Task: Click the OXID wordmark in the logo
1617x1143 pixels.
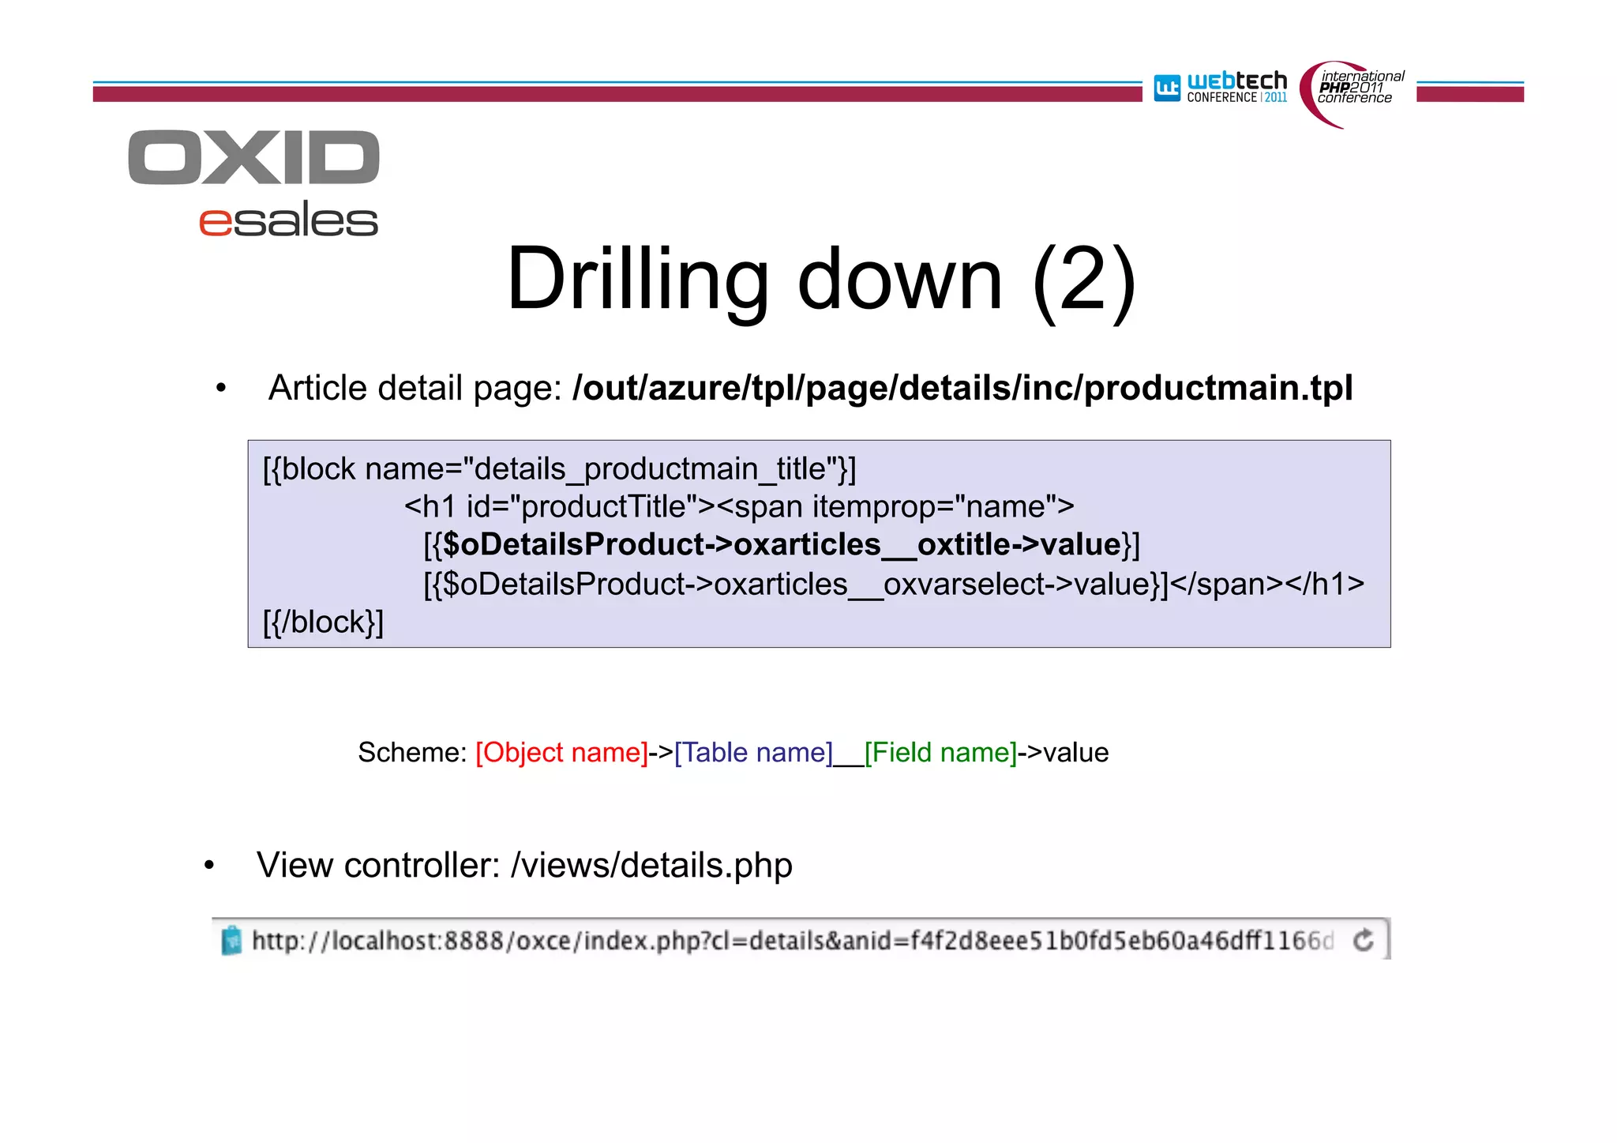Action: (x=253, y=158)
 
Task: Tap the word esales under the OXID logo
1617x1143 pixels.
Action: (x=288, y=220)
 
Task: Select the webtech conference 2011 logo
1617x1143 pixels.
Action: (x=1221, y=88)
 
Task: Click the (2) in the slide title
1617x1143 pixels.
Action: (x=1084, y=280)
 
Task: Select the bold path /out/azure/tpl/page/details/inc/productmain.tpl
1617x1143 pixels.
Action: (x=962, y=388)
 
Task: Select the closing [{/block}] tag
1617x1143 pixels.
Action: (x=323, y=622)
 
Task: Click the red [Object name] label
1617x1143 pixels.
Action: (x=561, y=753)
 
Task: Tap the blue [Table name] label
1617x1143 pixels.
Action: (x=753, y=753)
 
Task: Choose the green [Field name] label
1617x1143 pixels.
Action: (x=940, y=753)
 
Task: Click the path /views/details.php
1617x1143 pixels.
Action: (x=651, y=866)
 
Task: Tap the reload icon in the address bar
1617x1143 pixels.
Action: (x=1363, y=941)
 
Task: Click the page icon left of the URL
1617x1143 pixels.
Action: (x=231, y=941)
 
